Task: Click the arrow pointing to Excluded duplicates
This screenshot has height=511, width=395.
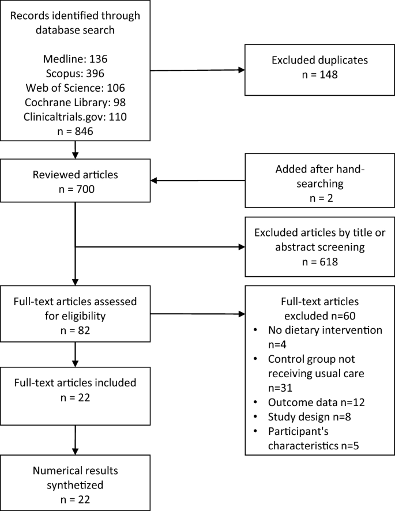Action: click(x=198, y=70)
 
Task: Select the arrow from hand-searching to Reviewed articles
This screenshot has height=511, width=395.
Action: click(x=198, y=181)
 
